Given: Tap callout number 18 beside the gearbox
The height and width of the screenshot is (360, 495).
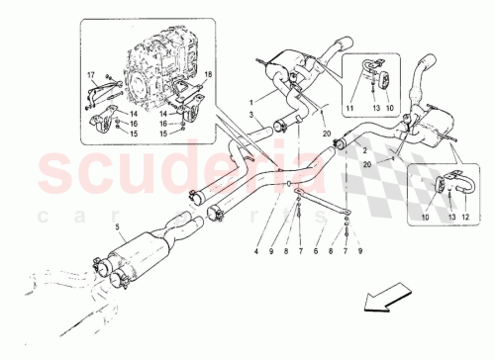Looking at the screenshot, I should pos(209,75).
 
